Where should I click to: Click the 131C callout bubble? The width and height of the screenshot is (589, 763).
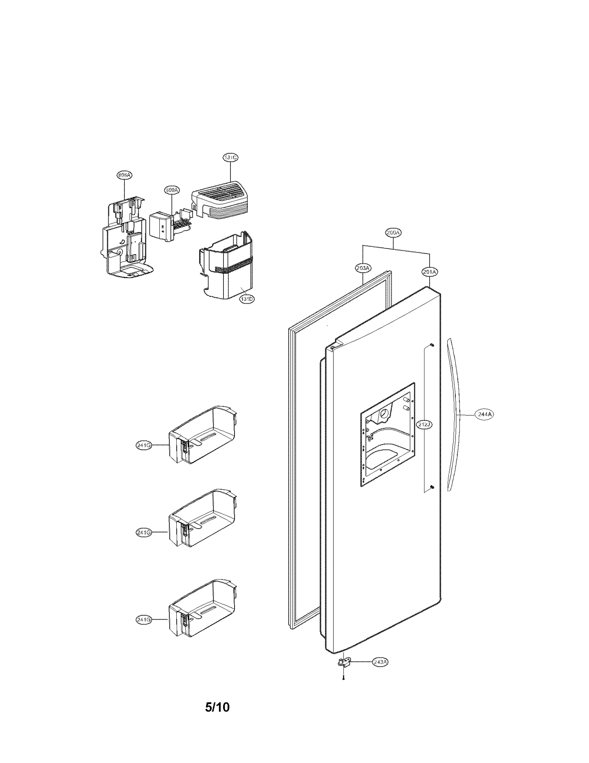[230, 157]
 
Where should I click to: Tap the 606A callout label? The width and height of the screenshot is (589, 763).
[124, 175]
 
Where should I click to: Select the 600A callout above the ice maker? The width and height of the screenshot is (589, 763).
[172, 190]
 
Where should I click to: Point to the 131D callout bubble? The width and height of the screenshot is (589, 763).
[247, 299]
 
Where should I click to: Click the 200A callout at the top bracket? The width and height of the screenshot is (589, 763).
[393, 232]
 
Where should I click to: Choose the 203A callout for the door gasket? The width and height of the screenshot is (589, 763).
[363, 268]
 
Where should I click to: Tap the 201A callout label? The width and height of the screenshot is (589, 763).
[429, 272]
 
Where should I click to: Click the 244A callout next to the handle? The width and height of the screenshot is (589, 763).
[484, 414]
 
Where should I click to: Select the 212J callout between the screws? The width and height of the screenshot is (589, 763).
[424, 424]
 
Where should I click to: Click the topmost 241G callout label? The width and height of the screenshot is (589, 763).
[144, 445]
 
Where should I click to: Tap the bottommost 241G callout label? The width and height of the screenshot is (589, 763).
[144, 620]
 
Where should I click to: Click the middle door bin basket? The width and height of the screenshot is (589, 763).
[202, 523]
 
